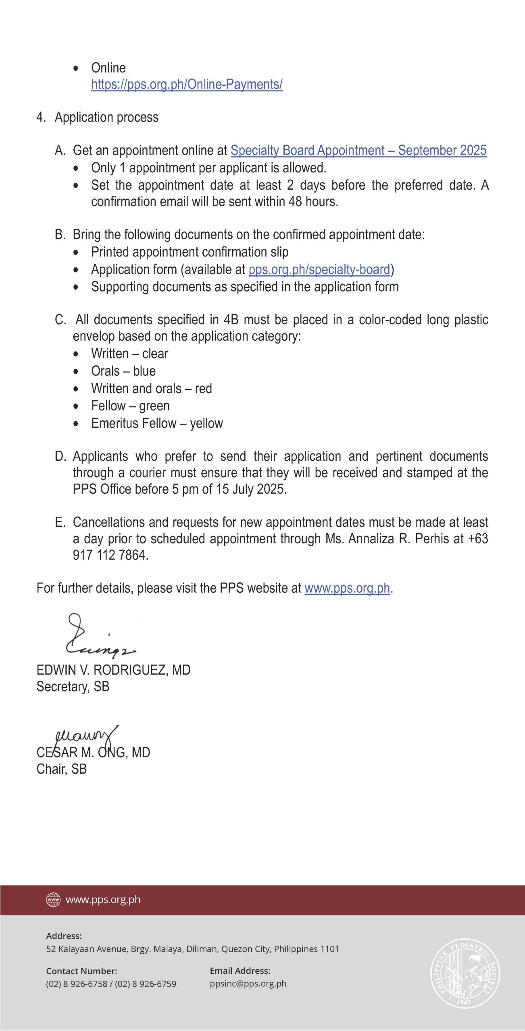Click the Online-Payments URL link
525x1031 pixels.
(187, 84)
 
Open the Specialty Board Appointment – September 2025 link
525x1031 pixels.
(358, 150)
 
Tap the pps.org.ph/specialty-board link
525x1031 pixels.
(319, 269)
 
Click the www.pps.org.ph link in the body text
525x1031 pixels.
(347, 588)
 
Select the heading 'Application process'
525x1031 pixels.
(106, 117)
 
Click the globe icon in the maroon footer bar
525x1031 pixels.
(53, 899)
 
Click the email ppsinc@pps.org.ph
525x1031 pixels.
(248, 983)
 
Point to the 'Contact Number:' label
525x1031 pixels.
(81, 971)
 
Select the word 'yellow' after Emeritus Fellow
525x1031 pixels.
(206, 423)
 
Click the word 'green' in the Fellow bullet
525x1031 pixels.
(154, 406)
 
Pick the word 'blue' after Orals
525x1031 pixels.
(144, 371)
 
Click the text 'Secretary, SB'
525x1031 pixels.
(73, 686)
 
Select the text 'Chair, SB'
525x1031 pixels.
(62, 769)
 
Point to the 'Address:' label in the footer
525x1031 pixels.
(64, 936)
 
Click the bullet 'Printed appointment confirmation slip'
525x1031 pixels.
(190, 252)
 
